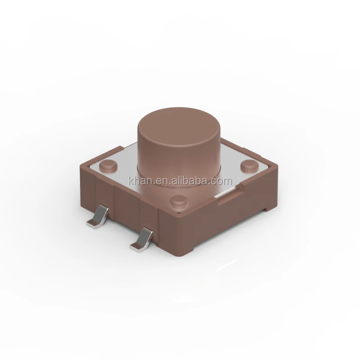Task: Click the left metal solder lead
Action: click(101, 216)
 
